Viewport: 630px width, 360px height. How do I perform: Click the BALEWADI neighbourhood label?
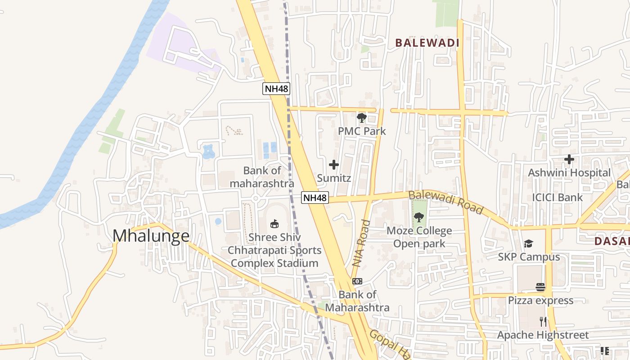427,43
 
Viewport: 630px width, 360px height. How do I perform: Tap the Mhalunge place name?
151,236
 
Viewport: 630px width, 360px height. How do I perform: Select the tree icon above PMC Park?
361,118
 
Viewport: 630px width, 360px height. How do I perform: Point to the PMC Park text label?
362,131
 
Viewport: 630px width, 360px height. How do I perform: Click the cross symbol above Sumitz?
334,165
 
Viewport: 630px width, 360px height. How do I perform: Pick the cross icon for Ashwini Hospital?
569,159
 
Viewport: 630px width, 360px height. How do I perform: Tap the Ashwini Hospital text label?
569,173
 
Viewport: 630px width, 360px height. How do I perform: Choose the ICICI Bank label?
557,197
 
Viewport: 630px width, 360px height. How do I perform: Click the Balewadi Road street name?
445,202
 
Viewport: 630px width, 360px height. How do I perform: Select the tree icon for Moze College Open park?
419,217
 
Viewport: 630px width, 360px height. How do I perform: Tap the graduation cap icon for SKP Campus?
528,244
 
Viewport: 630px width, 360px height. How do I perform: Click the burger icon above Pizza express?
540,287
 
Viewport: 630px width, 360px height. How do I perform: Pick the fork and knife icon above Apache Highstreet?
543,321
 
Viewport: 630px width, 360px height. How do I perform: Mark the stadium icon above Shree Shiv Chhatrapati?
274,224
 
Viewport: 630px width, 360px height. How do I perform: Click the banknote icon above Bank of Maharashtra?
357,281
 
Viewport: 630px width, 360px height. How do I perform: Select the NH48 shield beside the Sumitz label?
315,198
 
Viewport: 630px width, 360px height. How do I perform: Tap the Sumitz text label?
334,178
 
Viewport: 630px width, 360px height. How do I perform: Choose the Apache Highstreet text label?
543,335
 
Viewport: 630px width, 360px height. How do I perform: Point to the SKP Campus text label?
529,257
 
